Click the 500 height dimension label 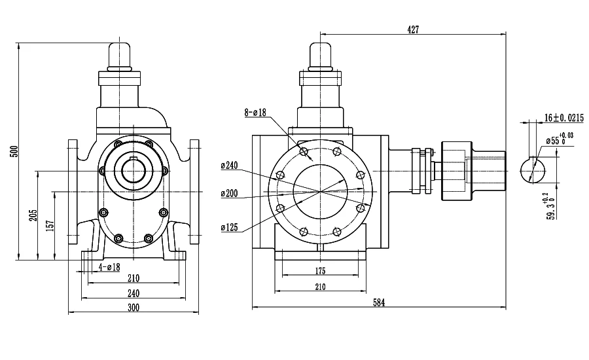[15, 151]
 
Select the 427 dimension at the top [413, 29]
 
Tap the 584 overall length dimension [379, 302]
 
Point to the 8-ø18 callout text [255, 112]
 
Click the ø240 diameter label [230, 166]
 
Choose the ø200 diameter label [230, 194]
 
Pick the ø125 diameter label [230, 227]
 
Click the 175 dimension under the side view [320, 271]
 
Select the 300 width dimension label [134, 308]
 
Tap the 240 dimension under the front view [134, 293]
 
